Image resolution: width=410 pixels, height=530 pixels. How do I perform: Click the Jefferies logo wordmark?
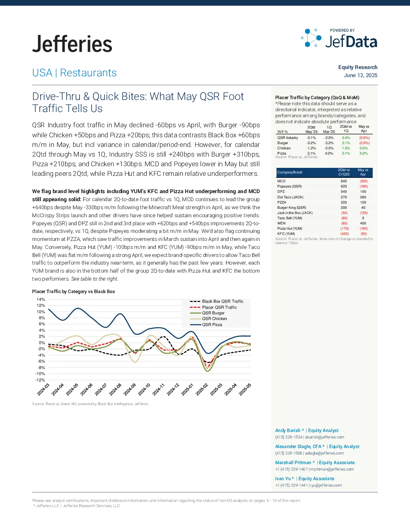72,44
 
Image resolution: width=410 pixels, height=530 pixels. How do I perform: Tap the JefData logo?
339,39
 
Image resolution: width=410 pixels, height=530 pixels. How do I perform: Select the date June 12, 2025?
361,75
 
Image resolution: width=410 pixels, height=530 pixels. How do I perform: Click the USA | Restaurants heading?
74,73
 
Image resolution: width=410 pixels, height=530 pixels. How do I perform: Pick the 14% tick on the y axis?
41,299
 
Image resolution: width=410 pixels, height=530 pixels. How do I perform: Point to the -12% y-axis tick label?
40,380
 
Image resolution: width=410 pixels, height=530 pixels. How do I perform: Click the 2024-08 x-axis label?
115,389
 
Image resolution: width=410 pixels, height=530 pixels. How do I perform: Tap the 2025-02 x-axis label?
202,389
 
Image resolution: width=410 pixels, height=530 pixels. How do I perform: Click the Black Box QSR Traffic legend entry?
217,301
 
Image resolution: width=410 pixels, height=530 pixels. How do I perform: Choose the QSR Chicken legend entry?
209,318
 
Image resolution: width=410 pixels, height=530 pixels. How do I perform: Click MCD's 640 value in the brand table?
344,181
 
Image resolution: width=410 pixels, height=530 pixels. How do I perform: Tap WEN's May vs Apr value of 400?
363,223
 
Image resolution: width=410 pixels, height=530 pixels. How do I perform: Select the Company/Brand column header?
290,172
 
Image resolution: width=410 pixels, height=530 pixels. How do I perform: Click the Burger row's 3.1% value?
346,143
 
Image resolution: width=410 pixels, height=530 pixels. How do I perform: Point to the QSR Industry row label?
287,138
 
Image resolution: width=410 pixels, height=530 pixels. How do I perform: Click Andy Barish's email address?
324,437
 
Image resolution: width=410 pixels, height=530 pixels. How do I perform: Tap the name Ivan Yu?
283,479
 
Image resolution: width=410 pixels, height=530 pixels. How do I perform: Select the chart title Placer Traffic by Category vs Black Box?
74,291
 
